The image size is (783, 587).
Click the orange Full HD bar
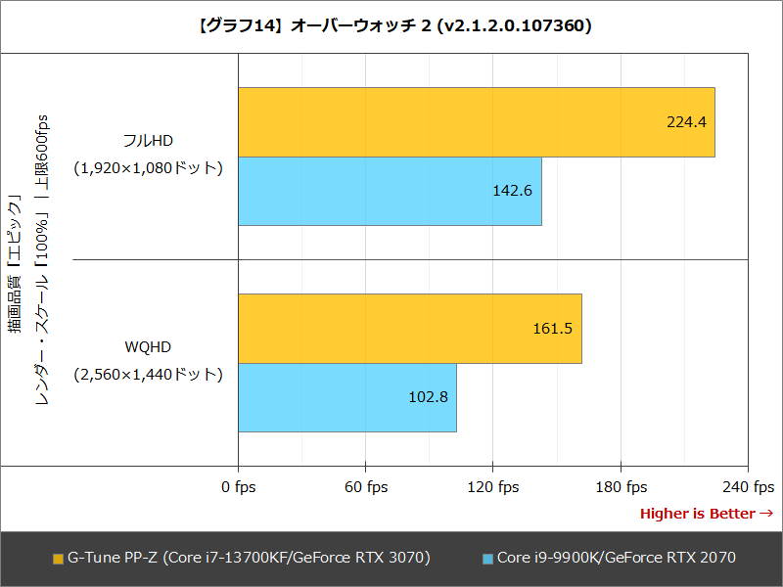pos(476,122)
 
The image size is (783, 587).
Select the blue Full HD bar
pos(390,191)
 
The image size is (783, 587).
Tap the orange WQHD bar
pos(409,329)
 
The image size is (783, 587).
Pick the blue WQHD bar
pos(346,397)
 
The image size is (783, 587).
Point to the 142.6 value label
pos(513,191)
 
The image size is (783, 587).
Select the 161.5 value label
pos(553,329)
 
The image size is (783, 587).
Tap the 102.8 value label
pos(428,397)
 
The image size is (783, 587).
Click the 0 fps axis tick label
pos(239,487)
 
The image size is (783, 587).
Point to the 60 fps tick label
pos(366,487)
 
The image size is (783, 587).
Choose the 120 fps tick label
pos(493,487)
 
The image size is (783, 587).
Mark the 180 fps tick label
pos(622,487)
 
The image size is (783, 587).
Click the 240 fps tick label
pos(749,487)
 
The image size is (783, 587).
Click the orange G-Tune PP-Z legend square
pos(57,559)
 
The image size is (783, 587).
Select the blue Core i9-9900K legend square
pos(486,559)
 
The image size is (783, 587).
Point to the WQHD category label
pos(149,346)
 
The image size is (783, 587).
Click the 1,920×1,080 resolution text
pos(149,168)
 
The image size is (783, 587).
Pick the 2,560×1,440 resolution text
pos(149,375)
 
